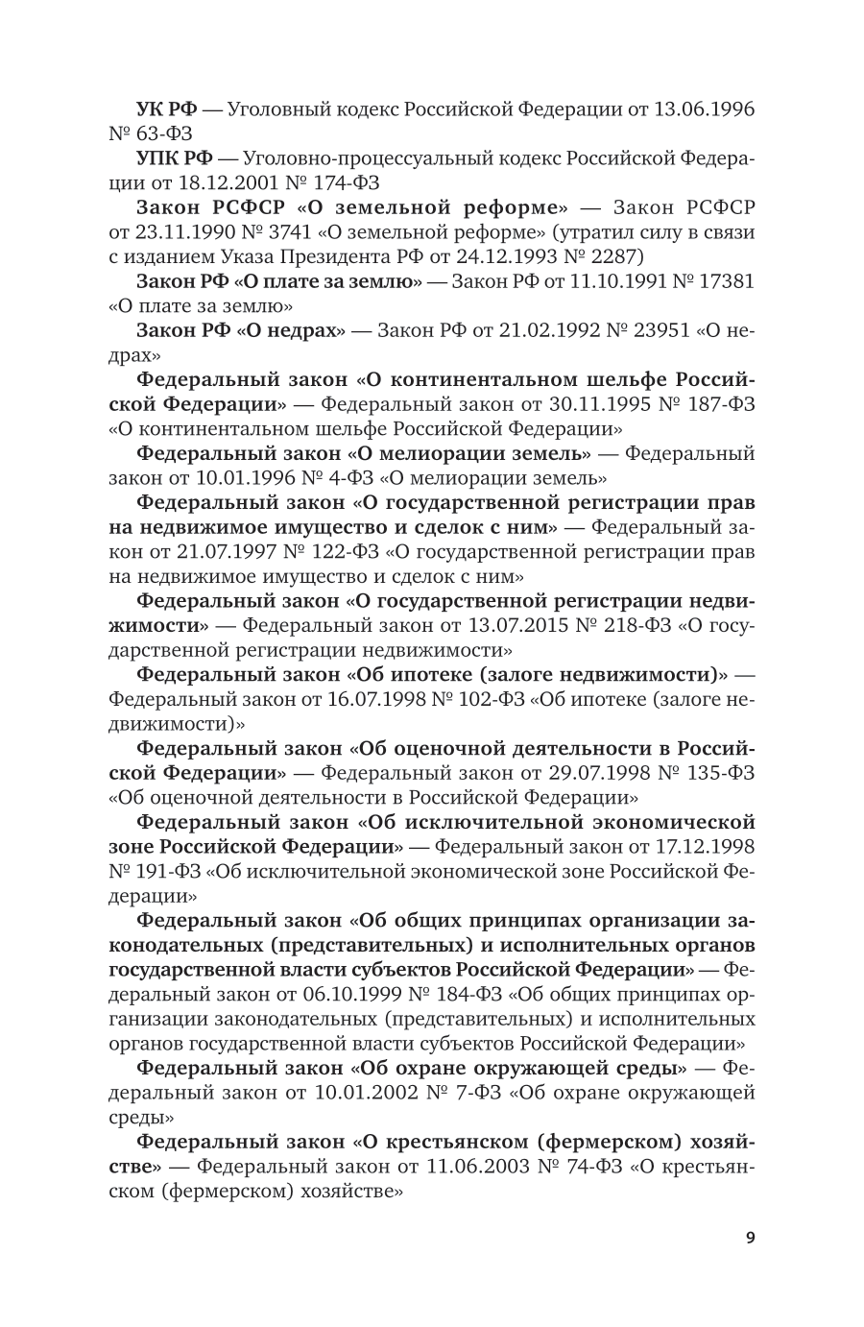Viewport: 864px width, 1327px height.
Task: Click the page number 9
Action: click(750, 1237)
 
